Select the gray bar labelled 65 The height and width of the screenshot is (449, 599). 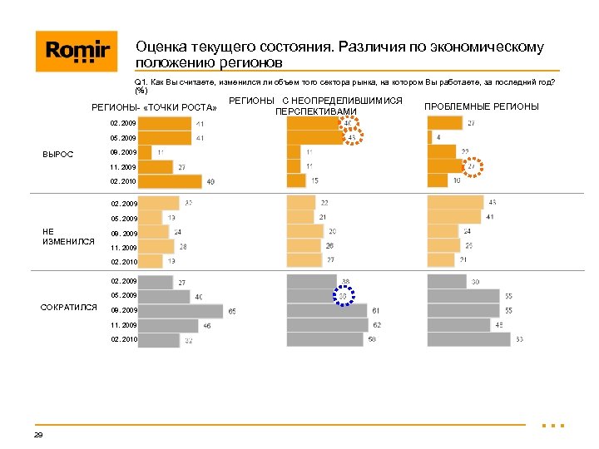click(181, 310)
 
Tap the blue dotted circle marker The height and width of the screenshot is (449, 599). click(344, 295)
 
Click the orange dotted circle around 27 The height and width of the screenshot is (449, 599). click(471, 166)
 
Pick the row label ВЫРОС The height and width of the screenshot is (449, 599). click(57, 154)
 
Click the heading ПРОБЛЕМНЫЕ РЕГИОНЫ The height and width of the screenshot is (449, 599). click(481, 106)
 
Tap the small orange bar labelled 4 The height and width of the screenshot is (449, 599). click(429, 137)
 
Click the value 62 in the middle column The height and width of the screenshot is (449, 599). click(377, 325)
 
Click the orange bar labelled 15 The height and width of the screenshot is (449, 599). click(296, 180)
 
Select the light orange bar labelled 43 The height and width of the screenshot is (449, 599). click(455, 202)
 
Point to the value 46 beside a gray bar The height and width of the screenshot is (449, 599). click(207, 326)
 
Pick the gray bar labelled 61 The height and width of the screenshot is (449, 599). click(327, 310)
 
